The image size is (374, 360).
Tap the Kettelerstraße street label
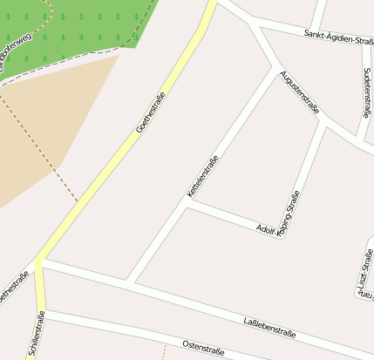coord(201,175)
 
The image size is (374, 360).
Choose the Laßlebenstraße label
coord(269,328)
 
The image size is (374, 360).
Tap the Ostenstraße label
coord(204,347)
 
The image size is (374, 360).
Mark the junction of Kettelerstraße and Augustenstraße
coord(277,67)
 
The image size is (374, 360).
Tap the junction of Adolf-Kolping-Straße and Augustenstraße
coord(323,124)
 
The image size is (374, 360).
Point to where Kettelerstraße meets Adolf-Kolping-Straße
coord(191,203)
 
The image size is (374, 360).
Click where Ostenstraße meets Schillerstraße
coord(44,311)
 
